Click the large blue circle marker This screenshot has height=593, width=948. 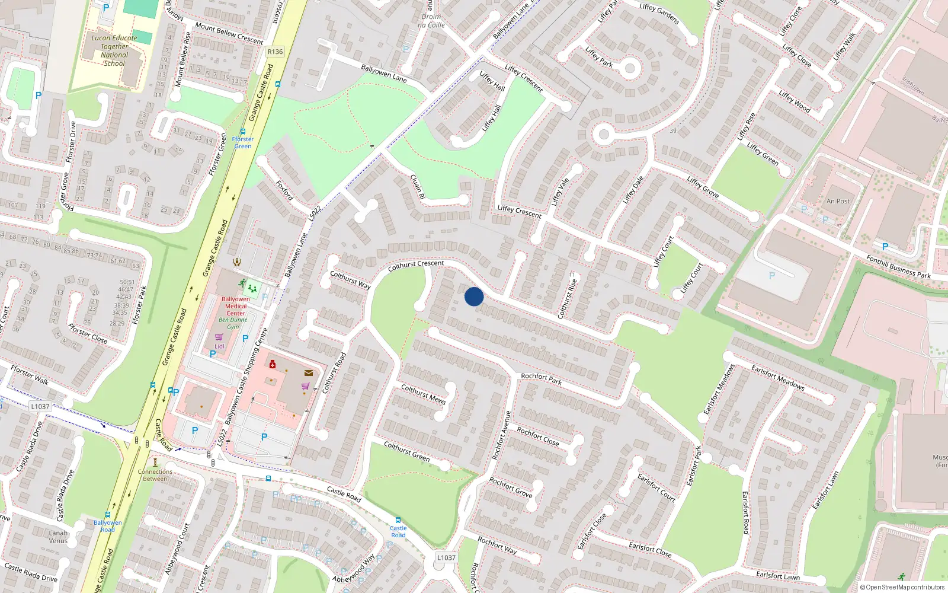(474, 296)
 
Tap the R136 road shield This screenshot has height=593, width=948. (275, 52)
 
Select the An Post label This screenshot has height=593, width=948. (838, 201)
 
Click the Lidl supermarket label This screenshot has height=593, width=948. (219, 346)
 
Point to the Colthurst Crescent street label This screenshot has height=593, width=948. (416, 266)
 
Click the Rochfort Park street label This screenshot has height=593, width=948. (541, 379)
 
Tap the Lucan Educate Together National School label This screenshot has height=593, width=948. (114, 50)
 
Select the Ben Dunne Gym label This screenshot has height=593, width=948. (233, 323)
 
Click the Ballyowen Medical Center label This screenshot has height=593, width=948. (236, 306)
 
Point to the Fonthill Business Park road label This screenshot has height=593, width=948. (898, 267)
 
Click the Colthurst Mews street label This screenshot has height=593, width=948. (423, 394)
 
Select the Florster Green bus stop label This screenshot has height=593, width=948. (243, 142)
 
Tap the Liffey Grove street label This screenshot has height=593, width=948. (703, 187)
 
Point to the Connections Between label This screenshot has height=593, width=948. (155, 475)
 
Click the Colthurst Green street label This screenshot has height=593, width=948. (406, 451)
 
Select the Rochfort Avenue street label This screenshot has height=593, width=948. (501, 435)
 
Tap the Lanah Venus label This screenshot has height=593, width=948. (58, 537)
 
